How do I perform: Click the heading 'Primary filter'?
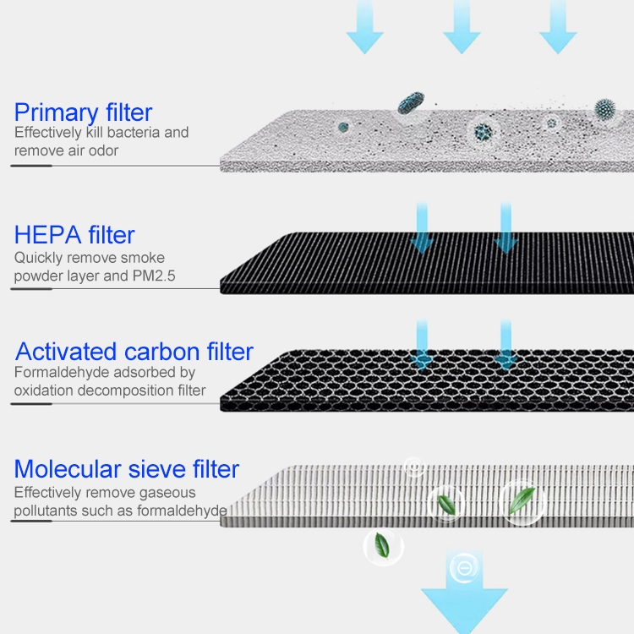[84, 112]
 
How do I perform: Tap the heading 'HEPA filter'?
[74, 235]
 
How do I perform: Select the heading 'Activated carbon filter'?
[134, 352]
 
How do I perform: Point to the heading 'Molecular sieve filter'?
[127, 469]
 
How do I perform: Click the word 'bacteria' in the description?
[134, 132]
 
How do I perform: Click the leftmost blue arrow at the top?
[364, 27]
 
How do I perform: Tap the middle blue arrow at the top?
[462, 27]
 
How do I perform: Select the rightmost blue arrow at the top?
[558, 27]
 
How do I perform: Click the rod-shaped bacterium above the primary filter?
[411, 102]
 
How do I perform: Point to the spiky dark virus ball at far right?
[605, 109]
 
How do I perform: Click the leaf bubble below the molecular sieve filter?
[383, 547]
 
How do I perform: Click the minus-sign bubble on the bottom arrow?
[464, 568]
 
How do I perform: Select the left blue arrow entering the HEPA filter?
[422, 229]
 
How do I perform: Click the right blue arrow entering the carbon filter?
[506, 345]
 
